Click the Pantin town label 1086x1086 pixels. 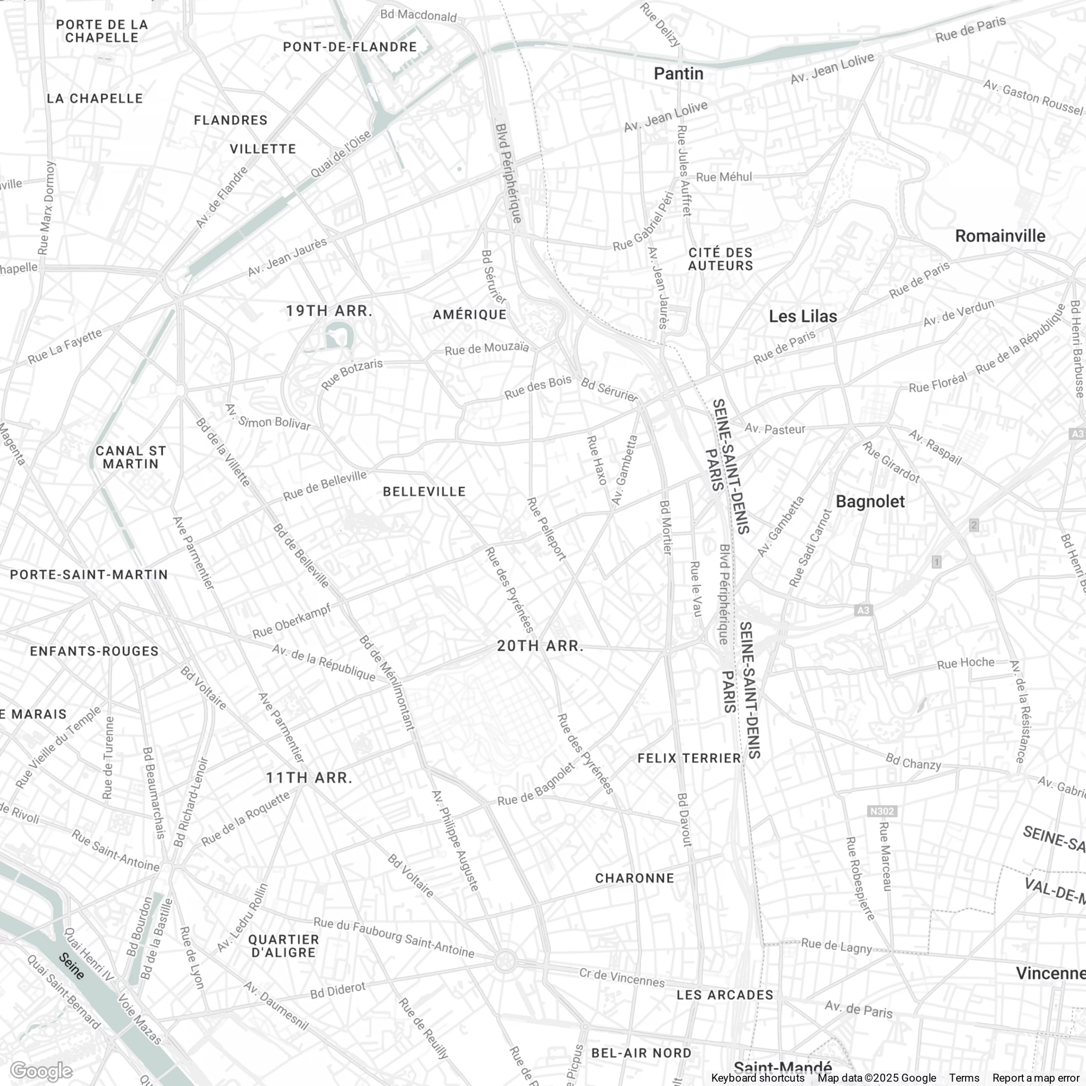click(678, 74)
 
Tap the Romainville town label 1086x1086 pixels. click(1000, 236)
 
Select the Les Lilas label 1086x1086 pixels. click(803, 316)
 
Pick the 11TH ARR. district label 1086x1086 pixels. click(309, 778)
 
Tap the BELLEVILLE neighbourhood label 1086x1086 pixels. click(424, 492)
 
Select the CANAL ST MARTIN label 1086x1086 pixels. click(131, 457)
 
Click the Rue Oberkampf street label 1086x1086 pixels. click(291, 621)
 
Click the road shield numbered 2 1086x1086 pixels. click(974, 525)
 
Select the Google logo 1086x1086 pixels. click(41, 1071)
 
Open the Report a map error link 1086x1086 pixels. click(1036, 1078)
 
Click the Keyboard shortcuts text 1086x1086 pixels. click(757, 1078)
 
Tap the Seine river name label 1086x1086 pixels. click(72, 966)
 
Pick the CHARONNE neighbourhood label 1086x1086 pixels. click(635, 878)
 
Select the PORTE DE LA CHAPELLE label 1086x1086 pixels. click(102, 31)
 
